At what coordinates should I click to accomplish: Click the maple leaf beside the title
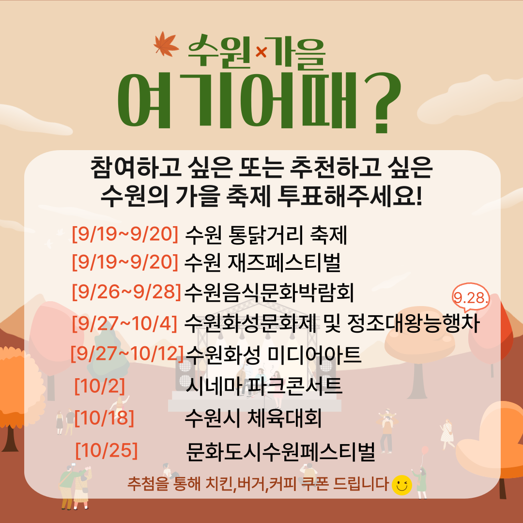(166, 44)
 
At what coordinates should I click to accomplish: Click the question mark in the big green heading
(383, 102)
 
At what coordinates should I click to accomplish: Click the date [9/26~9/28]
(126, 292)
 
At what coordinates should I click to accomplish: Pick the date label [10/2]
(100, 386)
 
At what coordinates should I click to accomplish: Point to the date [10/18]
(104, 417)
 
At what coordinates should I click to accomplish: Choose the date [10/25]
(107, 450)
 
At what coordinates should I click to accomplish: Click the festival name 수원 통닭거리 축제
(265, 235)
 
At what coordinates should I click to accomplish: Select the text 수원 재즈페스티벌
(262, 262)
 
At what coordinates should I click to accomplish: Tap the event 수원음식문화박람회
(268, 292)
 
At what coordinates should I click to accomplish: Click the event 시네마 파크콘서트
(263, 386)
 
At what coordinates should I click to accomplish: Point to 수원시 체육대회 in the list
(253, 418)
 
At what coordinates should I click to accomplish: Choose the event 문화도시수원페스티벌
(280, 452)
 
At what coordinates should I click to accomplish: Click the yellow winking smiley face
(401, 485)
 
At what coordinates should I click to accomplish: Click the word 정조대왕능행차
(413, 323)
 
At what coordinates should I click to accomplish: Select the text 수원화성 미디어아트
(273, 354)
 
